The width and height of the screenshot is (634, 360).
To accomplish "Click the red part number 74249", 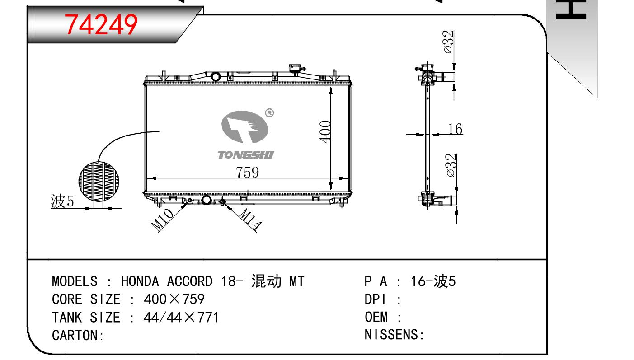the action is [101, 25].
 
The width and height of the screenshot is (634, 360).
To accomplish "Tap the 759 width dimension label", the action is [247, 172].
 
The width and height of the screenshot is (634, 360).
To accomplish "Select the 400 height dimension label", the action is [325, 131].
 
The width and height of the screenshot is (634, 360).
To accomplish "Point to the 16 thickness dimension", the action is [455, 129].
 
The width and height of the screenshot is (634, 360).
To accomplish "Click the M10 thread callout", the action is [162, 220].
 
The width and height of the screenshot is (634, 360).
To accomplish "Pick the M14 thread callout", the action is [250, 219].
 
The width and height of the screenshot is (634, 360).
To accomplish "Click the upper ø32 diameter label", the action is [448, 42].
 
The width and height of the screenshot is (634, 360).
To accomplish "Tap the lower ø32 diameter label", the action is [451, 165].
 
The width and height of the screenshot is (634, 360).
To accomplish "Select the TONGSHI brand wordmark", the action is [246, 155].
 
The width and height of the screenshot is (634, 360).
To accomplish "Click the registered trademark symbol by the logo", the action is [269, 113].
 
